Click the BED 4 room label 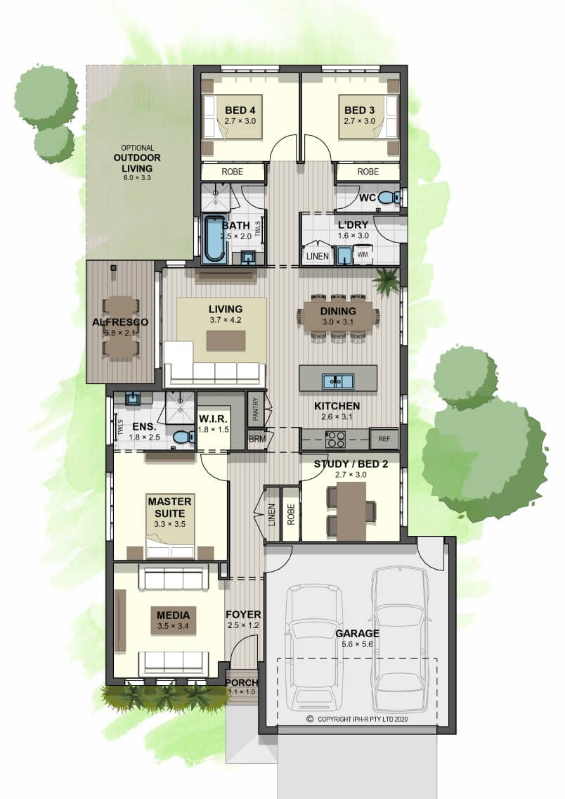point(240,110)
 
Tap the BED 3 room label point(359,110)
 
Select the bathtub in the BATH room point(214,239)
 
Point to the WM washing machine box point(363,255)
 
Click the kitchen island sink point(337,380)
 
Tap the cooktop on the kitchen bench point(335,439)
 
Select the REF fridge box point(384,439)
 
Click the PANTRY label point(256,409)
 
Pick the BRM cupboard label point(258,439)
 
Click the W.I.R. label point(213,418)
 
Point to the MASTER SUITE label point(169,508)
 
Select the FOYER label point(243,615)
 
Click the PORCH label point(242,682)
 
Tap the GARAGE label point(357,634)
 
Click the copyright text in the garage point(357,719)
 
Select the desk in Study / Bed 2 point(351,511)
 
